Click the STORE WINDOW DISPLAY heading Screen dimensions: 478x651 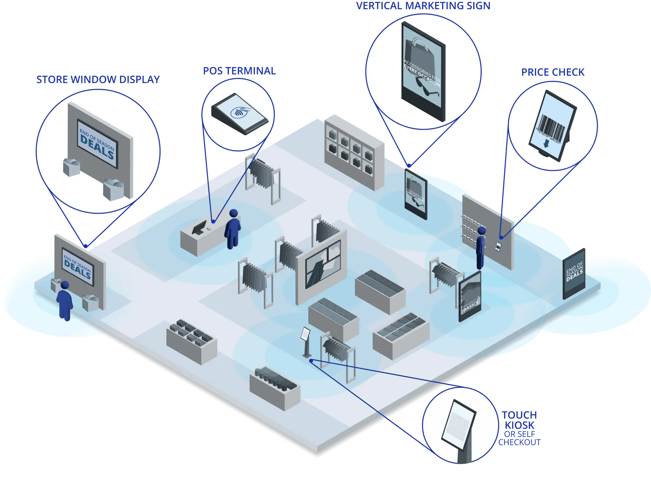(x=98, y=80)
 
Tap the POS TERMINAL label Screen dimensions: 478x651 (x=239, y=71)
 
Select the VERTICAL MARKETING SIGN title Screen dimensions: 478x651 (x=423, y=6)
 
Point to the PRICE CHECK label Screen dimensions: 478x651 (x=553, y=72)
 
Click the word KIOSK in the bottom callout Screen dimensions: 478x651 (x=519, y=425)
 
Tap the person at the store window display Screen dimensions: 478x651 (x=65, y=301)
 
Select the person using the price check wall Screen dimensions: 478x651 (x=481, y=248)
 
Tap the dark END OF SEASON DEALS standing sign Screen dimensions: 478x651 (x=574, y=274)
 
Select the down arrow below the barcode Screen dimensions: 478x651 (x=546, y=144)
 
